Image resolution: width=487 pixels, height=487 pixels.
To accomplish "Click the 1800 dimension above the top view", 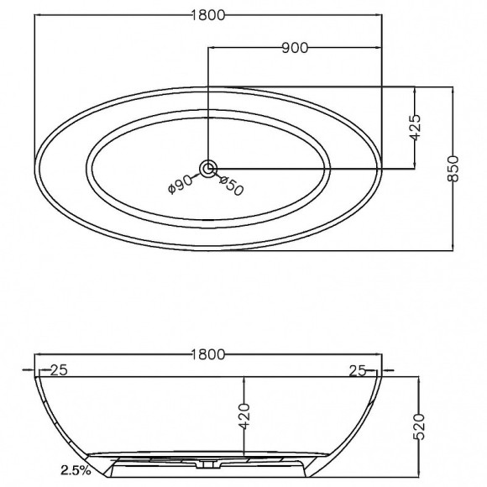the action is pyautogui.click(x=207, y=15).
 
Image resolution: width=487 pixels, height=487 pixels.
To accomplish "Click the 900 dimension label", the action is pyautogui.click(x=295, y=48).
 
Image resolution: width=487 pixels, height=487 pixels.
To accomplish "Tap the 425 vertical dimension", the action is pyautogui.click(x=415, y=128).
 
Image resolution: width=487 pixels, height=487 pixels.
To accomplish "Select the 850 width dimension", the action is pyautogui.click(x=453, y=169).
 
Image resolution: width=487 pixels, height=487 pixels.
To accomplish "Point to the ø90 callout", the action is pyautogui.click(x=180, y=184).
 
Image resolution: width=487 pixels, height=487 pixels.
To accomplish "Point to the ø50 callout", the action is pyautogui.click(x=232, y=186).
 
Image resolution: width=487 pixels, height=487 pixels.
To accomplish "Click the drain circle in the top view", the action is pyautogui.click(x=208, y=169).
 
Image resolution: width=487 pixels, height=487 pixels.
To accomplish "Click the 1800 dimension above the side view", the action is pyautogui.click(x=207, y=354).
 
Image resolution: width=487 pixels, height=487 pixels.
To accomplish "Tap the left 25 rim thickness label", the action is pyautogui.click(x=59, y=370).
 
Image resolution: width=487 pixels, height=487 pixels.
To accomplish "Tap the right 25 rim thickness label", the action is pyautogui.click(x=358, y=370).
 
